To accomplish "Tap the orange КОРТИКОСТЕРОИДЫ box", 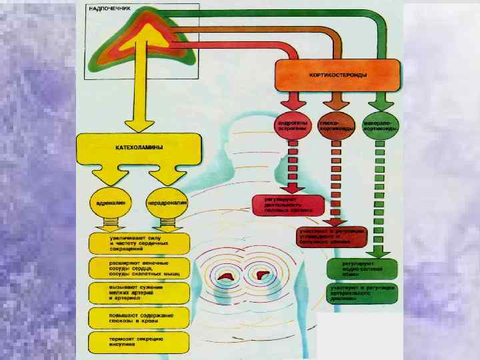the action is [x=339, y=75].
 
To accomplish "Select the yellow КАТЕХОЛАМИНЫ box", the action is [x=139, y=150].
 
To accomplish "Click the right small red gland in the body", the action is [x=262, y=273].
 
